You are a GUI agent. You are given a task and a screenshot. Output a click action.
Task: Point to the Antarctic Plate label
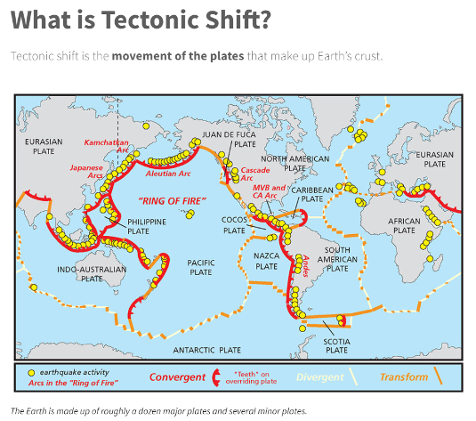pyautogui.click(x=206, y=349)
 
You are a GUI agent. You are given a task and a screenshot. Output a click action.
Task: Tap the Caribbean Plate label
pyautogui.click(x=312, y=194)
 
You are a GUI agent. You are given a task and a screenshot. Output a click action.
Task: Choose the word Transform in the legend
pyautogui.click(x=403, y=377)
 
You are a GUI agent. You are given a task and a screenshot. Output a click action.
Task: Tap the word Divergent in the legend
pyautogui.click(x=319, y=377)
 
